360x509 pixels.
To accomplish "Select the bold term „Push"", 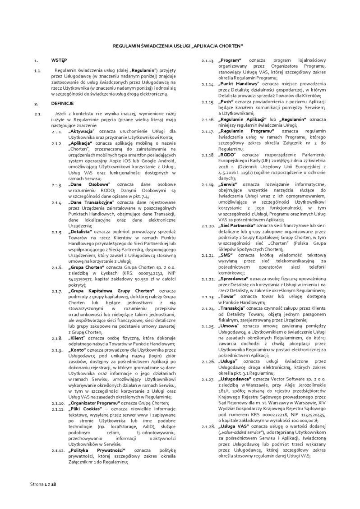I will coord(226,102).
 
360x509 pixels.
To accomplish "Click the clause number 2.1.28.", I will coord(208,426).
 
